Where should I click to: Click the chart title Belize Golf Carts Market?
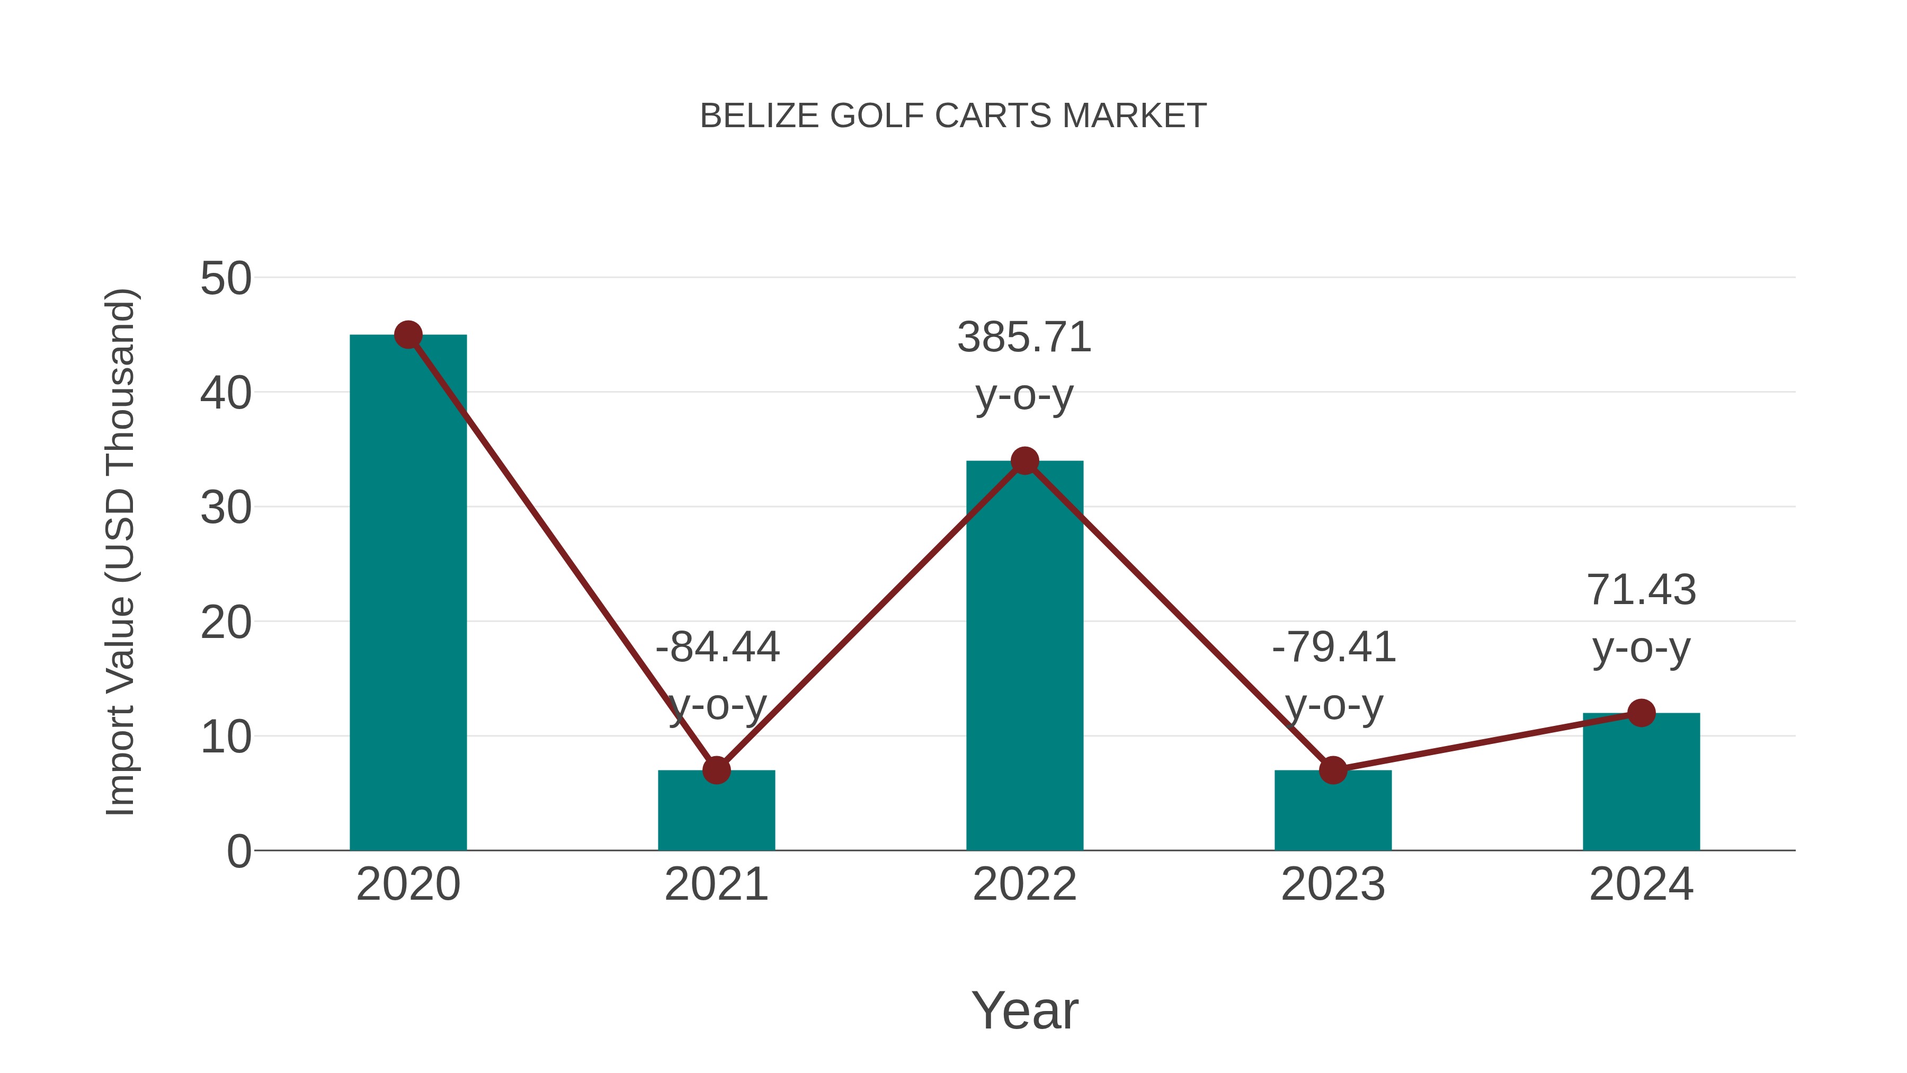click(953, 116)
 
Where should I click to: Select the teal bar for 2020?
click(408, 592)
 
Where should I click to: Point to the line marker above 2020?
click(408, 335)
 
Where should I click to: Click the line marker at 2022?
click(1024, 460)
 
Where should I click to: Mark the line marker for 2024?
click(1641, 713)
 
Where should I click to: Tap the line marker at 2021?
click(716, 770)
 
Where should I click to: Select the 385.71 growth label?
click(1024, 338)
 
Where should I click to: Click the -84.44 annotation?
click(717, 647)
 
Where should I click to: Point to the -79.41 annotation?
click(1333, 647)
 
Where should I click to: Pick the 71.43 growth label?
click(1641, 590)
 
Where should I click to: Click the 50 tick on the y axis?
click(226, 279)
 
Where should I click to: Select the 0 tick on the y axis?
click(239, 852)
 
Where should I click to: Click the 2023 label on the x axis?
click(1333, 884)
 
